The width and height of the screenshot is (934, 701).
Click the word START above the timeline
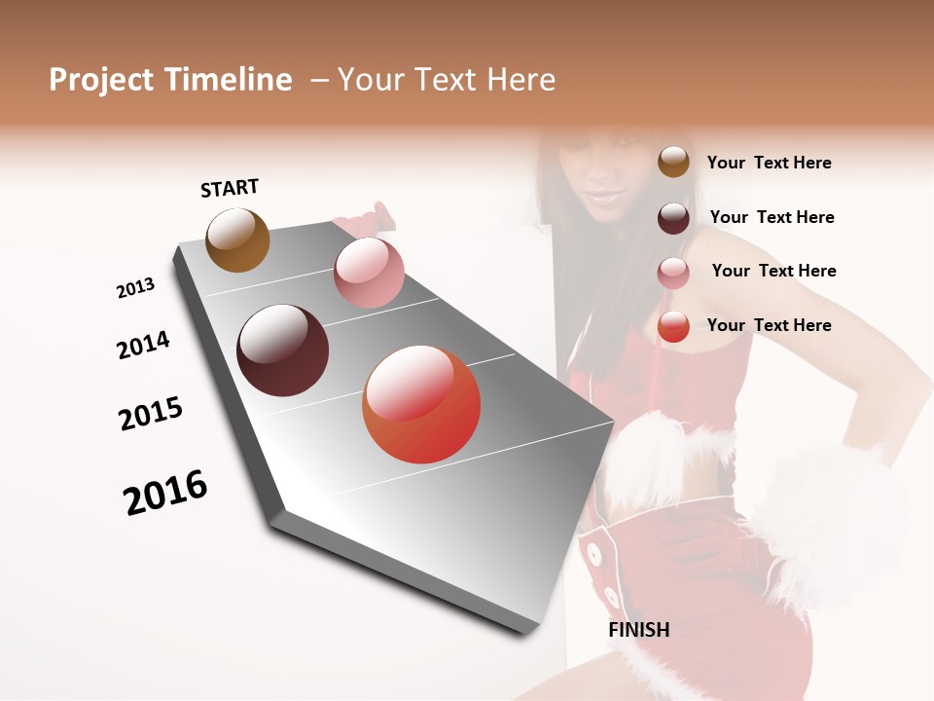230,188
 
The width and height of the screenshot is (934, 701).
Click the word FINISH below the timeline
638,630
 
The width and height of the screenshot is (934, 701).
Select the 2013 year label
135,288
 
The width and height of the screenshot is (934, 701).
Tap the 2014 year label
143,346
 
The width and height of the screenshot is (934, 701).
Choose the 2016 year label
165,493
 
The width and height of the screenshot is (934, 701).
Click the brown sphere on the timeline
237,240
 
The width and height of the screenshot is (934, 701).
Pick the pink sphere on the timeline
369,272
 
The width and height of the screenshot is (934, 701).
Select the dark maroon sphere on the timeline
283,350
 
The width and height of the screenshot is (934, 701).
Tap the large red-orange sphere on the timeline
421,404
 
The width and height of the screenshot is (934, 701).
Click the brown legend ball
673,163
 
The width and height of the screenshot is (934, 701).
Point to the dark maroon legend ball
673,218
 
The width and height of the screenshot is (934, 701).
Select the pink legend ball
673,273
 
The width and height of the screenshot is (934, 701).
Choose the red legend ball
673,327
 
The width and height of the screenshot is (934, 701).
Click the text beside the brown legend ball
769,164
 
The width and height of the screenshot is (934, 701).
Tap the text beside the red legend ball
769,325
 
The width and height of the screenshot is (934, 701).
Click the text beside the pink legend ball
773,271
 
